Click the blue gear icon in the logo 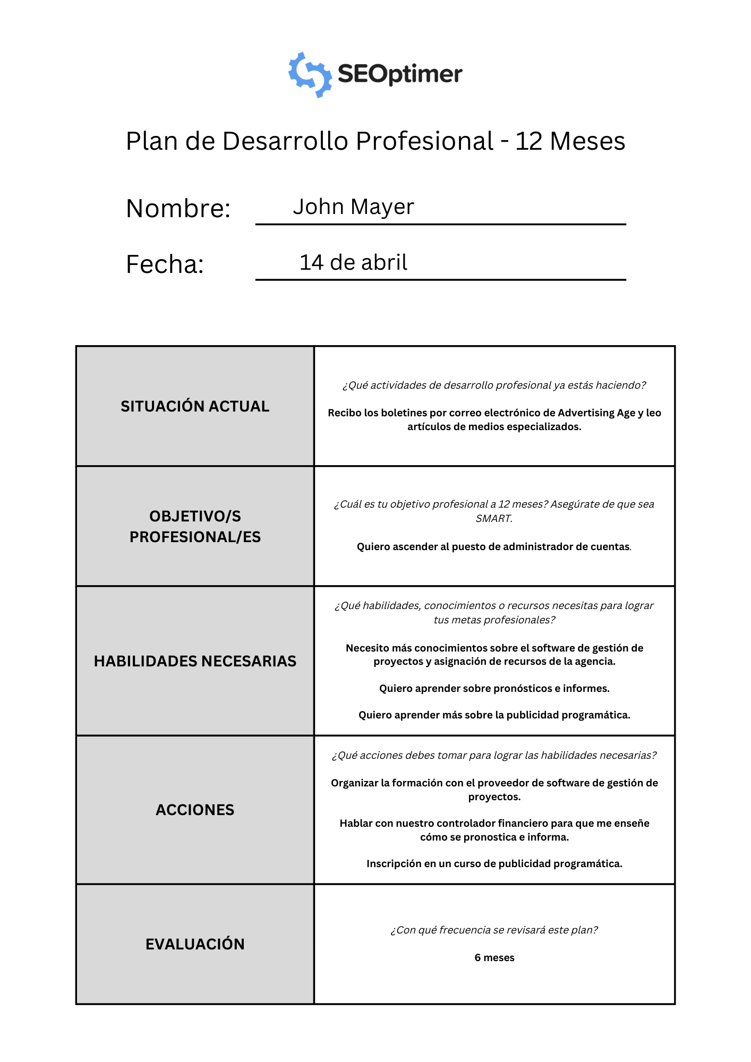click(x=310, y=75)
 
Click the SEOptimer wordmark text click(x=400, y=74)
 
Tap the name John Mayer click(x=353, y=207)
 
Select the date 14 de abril click(x=353, y=262)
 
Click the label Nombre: click(x=178, y=208)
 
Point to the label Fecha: click(x=165, y=264)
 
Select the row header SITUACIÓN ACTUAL click(x=195, y=406)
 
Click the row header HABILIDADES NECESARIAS click(x=195, y=661)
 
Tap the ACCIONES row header click(x=195, y=810)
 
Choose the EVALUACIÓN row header click(x=195, y=944)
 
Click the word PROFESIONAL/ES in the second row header click(x=195, y=537)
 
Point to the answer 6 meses click(x=494, y=957)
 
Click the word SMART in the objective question click(x=494, y=518)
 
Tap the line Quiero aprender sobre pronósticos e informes click(x=494, y=688)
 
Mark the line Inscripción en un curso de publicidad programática click(x=494, y=863)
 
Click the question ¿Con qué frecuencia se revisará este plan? click(x=494, y=930)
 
